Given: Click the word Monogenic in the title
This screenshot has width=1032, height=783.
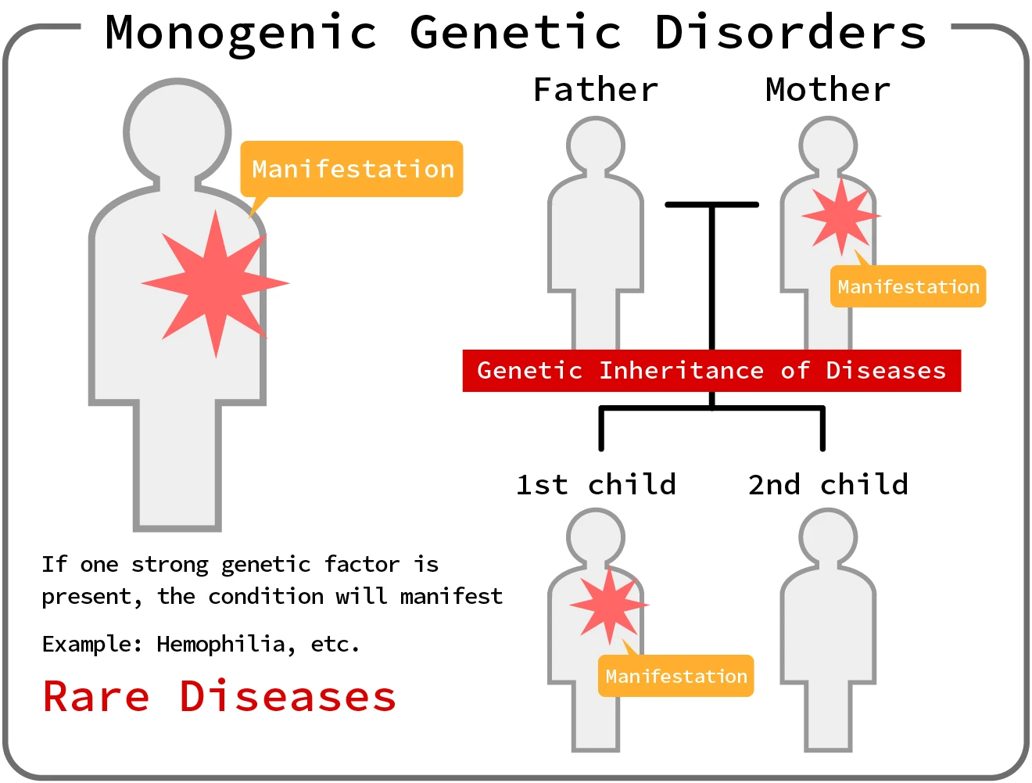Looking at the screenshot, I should click(241, 33).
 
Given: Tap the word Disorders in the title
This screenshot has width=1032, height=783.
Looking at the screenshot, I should click(790, 33).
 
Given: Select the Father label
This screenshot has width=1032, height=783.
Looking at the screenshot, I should click(596, 90).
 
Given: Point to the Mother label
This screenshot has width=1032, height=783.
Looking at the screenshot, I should click(828, 90).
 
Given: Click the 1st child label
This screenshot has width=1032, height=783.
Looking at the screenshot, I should click(596, 485).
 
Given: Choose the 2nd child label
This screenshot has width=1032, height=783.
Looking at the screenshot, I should click(828, 485).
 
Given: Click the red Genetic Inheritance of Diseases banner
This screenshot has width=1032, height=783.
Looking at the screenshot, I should click(711, 371).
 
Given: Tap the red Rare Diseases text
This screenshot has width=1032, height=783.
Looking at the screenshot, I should click(220, 697).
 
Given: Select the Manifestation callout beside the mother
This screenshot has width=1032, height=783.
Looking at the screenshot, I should click(908, 287).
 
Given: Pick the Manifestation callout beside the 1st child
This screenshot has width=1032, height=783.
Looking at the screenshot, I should click(675, 677).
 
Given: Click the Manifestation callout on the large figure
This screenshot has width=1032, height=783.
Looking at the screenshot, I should click(352, 169).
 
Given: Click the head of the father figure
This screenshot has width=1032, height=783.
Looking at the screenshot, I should click(596, 145).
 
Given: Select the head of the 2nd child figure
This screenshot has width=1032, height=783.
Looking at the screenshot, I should click(828, 537).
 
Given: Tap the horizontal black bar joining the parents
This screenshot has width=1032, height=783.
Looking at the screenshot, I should click(711, 205).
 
